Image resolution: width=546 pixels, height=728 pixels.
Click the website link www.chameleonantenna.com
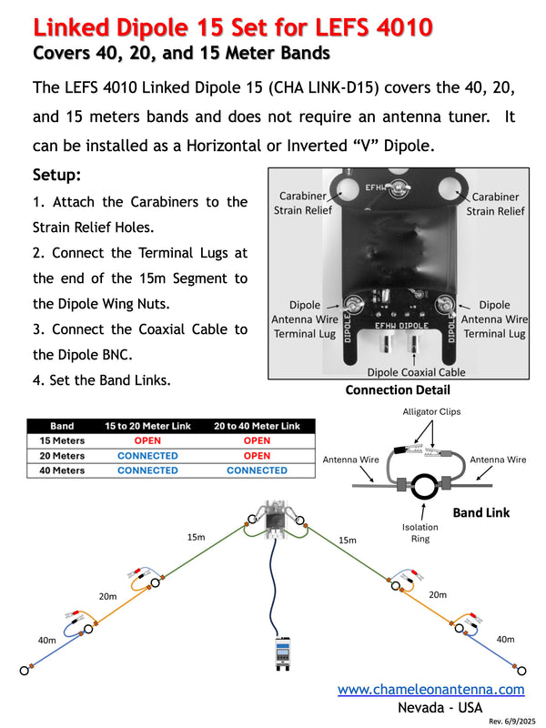tap(430, 690)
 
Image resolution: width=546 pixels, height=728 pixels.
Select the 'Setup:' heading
tap(57, 174)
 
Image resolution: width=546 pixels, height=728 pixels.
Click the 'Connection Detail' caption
tap(397, 390)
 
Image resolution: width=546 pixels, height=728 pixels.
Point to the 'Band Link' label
tap(480, 512)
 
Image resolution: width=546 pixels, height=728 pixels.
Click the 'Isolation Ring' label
tap(420, 532)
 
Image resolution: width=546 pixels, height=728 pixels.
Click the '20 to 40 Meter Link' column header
tap(257, 426)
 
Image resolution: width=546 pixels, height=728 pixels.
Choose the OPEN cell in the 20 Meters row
tap(257, 456)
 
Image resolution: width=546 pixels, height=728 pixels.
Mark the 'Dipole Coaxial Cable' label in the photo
tap(415, 372)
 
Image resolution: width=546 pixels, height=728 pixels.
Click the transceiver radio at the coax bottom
tap(281, 653)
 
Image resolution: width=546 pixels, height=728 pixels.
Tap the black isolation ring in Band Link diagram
tap(424, 486)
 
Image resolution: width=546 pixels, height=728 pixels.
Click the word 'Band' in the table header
tap(62, 426)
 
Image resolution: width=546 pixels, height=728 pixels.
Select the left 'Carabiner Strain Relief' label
tap(303, 203)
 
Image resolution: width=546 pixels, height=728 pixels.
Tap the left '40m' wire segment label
tap(47, 641)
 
